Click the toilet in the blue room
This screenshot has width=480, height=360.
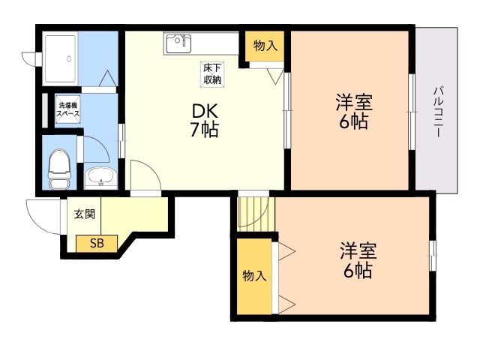pos(59,169)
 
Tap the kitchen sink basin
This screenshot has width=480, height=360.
pos(178,43)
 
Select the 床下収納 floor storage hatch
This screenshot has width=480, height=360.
pos(212,74)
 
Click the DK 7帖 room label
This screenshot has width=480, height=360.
pos(205,120)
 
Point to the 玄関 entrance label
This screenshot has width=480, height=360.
pos(85,214)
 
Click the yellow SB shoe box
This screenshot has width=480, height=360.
pos(97,244)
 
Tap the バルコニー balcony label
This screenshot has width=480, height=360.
pos(438,112)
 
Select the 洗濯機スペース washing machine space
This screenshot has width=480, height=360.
pos(68,109)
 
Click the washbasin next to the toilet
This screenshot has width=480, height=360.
pos(100,178)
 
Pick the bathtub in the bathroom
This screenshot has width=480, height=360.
pos(60,58)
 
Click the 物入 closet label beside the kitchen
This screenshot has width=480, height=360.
pos(265,46)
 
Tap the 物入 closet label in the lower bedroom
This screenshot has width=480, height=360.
pos(254,276)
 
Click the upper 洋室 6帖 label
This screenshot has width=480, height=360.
pos(353,112)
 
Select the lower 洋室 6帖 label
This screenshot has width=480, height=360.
pos(358,260)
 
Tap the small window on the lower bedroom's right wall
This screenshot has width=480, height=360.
pos(432,256)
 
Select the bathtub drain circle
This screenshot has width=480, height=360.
pos(69,58)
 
